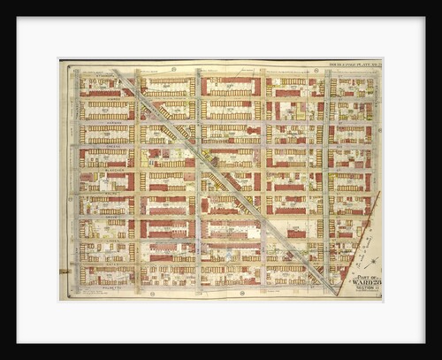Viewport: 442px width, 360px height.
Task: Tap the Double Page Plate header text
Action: (354, 64)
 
